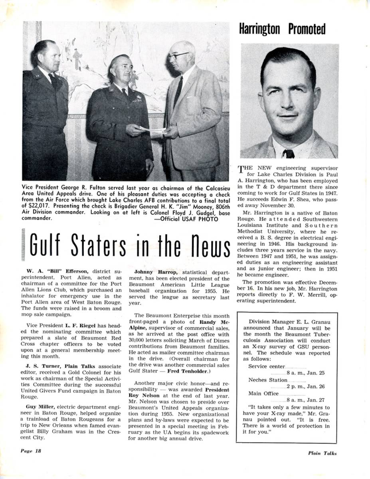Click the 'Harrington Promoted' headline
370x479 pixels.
[282, 29]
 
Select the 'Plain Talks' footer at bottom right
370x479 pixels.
[322, 453]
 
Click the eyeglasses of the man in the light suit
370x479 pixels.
[178, 55]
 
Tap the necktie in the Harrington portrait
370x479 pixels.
[288, 154]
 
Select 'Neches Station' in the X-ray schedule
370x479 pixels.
[267, 380]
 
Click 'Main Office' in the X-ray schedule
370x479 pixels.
[263, 394]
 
